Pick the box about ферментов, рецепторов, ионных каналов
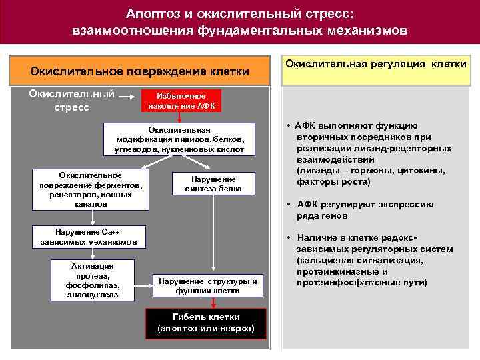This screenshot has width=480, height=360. pos(91,189)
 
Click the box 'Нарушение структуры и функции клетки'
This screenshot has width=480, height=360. pos(207,285)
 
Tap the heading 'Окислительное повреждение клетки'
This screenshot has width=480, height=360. pos(140,71)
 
